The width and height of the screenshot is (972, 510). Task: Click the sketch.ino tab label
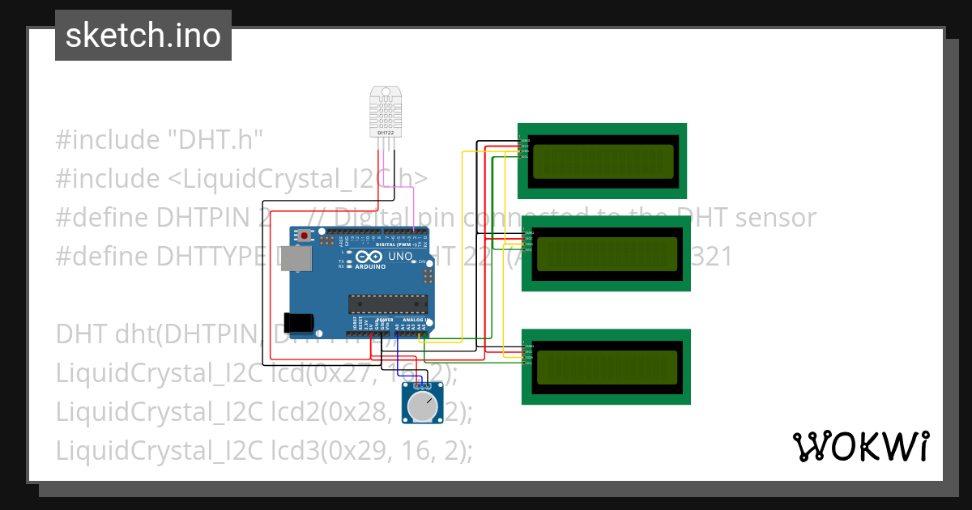click(143, 36)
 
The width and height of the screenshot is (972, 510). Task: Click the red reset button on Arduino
click(305, 236)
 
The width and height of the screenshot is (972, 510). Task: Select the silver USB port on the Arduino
click(301, 258)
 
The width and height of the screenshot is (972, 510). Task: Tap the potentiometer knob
click(421, 407)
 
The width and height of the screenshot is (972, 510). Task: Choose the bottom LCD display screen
click(607, 367)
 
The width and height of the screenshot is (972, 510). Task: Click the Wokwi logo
click(859, 446)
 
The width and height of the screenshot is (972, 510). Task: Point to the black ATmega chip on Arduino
click(388, 304)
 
